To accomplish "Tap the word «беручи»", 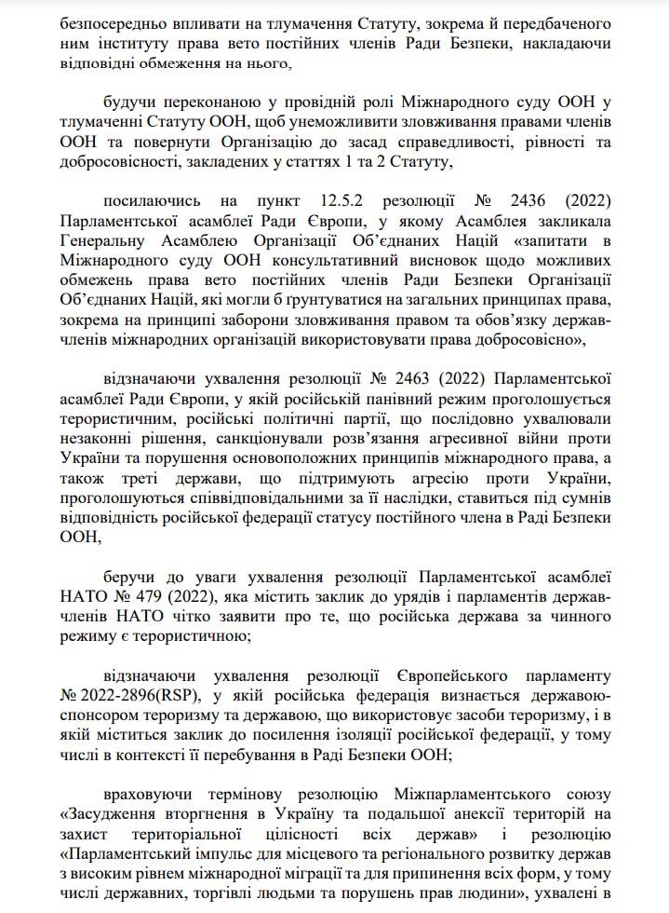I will tap(130, 572).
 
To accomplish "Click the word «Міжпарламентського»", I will tap(462, 794).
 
